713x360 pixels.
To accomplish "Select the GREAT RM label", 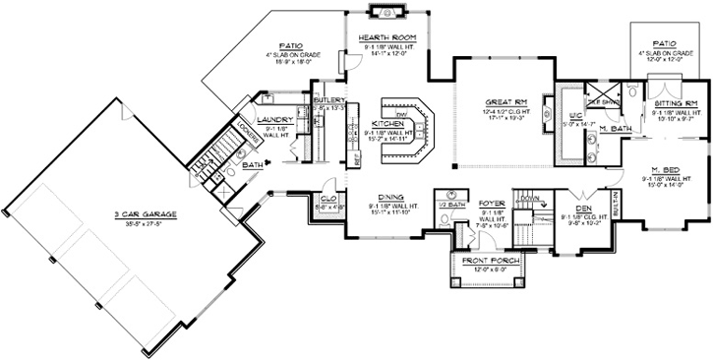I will pos(506,101).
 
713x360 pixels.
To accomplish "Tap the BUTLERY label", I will pos(327,100).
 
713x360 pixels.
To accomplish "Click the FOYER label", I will pos(492,204).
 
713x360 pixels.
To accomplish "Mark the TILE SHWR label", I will pos(600,101).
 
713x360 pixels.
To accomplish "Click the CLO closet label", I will pos(327,199).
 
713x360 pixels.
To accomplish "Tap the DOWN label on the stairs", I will pos(529,198).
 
